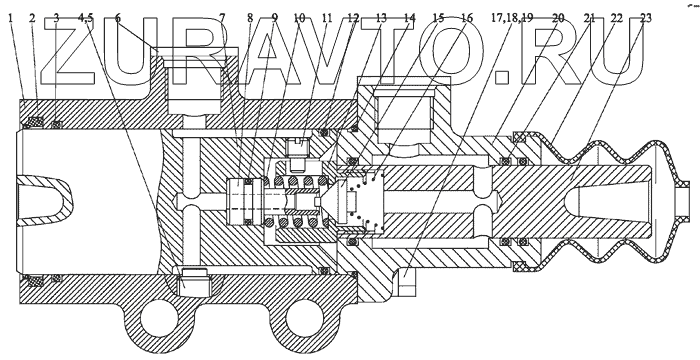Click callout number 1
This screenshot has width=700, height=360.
(x=10, y=18)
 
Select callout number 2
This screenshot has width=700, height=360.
(x=32, y=18)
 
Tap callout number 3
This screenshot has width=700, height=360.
(x=56, y=18)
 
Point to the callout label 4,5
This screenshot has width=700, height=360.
(x=86, y=18)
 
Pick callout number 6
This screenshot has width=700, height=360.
(x=117, y=18)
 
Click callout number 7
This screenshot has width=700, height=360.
(x=222, y=18)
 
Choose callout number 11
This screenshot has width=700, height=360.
(x=327, y=18)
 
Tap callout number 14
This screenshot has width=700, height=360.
(x=409, y=18)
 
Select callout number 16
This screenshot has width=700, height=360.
(x=467, y=18)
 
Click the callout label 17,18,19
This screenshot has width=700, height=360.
(x=512, y=18)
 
